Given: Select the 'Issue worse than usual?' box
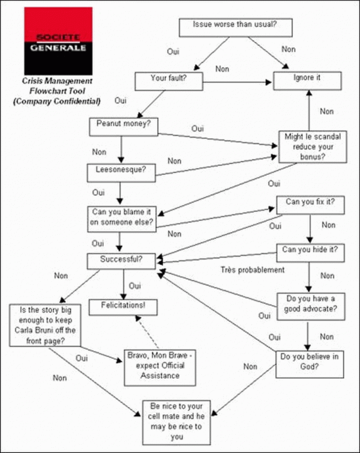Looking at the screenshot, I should pyautogui.click(x=235, y=26).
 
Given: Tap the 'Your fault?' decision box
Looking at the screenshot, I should pyautogui.click(x=169, y=79).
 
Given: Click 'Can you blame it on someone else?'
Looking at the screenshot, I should pyautogui.click(x=122, y=216).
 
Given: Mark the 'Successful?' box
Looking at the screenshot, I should pyautogui.click(x=122, y=259).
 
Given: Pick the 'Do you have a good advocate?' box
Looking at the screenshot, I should pyautogui.click(x=310, y=302).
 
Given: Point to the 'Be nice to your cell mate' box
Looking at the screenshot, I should pyautogui.click(x=176, y=422).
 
